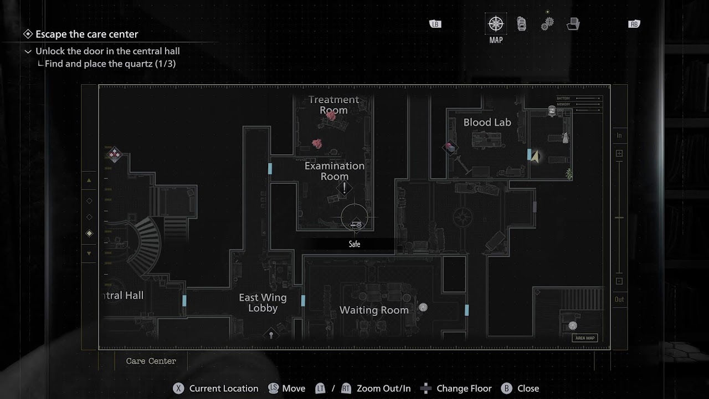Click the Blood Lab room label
tap(487, 122)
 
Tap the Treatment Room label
tap(333, 105)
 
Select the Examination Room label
tap(335, 171)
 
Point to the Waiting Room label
tap(374, 310)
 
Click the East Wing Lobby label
tap(263, 303)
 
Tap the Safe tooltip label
tap(354, 244)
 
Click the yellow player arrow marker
tap(535, 157)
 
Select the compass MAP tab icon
tap(496, 24)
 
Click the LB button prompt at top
tap(435, 24)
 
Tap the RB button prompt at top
tap(634, 24)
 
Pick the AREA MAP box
tap(585, 338)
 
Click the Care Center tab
tap(151, 361)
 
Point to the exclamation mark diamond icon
tap(344, 188)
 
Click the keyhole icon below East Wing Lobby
tap(271, 334)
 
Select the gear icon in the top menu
tap(547, 24)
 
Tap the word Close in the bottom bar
tap(528, 388)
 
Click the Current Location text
tap(223, 388)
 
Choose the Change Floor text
tap(464, 388)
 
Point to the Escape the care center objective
tap(87, 34)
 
